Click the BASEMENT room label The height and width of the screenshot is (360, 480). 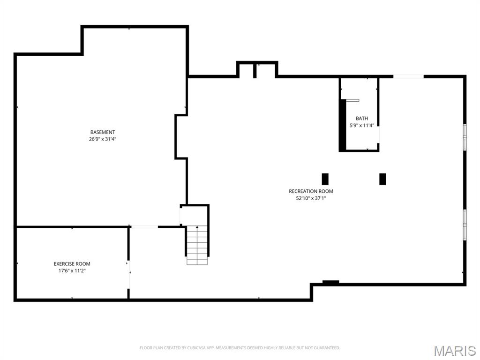tap(103, 132)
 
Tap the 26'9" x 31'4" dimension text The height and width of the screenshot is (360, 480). tap(103, 139)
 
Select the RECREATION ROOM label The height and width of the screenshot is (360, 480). tap(311, 191)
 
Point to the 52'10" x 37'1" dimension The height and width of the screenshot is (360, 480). tap(311, 198)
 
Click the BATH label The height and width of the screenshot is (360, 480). tap(362, 119)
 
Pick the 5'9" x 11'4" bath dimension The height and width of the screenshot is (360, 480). tap(362, 125)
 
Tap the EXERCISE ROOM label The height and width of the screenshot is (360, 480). tap(72, 264)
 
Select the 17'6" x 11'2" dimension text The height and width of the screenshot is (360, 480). tap(72, 270)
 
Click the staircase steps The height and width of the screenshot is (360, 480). tap(197, 245)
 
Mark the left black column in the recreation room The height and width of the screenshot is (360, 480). tap(325, 179)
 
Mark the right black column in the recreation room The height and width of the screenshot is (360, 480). tap(382, 179)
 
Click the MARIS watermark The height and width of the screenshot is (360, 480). tap(455, 351)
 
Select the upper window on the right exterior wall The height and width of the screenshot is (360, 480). tap(465, 137)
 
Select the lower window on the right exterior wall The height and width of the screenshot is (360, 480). tap(465, 224)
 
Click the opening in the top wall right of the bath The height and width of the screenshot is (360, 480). tap(408, 76)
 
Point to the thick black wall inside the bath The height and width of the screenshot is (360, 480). tap(343, 125)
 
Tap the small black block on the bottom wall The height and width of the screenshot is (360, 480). tap(330, 282)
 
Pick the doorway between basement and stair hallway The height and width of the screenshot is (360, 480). tap(144, 227)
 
